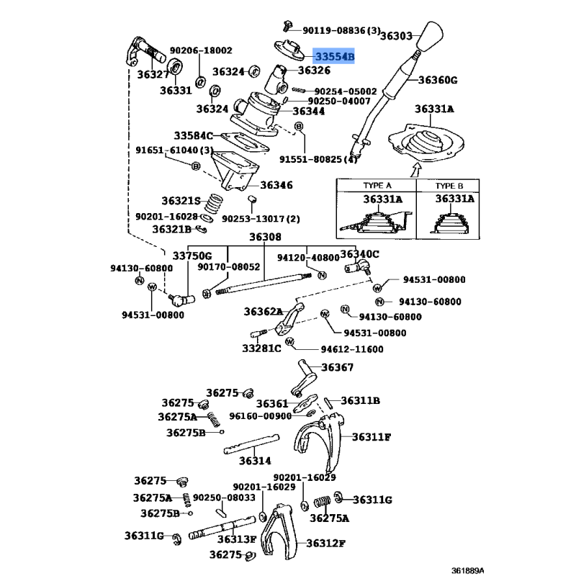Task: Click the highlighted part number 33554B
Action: coord(334,55)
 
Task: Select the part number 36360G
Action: coord(438,80)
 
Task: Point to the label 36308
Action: coord(266,238)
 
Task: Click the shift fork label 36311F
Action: coord(372,436)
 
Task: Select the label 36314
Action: coord(255,461)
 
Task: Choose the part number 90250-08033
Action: coord(224,498)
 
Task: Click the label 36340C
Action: coord(359,253)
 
